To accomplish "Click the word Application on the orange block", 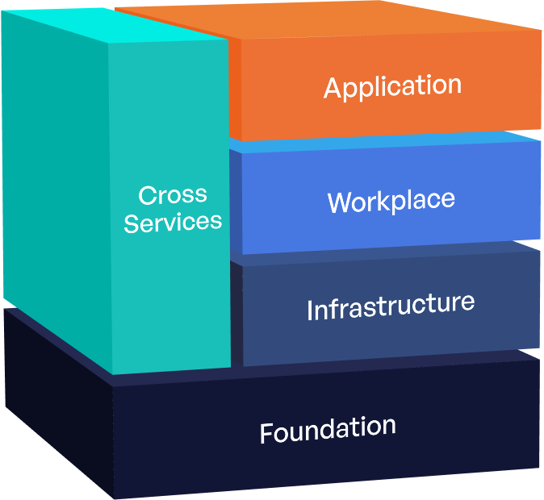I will [392, 86].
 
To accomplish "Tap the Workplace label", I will [391, 201].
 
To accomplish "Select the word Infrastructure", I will [390, 306].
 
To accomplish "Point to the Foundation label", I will [328, 429].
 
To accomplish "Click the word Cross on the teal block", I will [173, 195].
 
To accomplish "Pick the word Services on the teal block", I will [173, 222].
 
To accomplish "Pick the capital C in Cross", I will [146, 196].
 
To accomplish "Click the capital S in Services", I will [132, 223].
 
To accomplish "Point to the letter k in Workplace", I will [381, 200].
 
